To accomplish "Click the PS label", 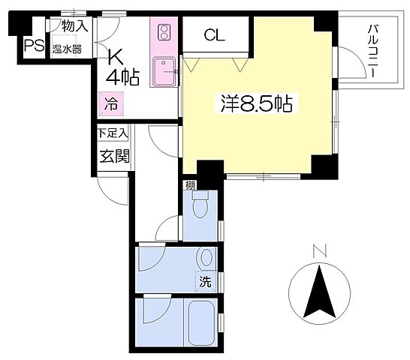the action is [35, 46].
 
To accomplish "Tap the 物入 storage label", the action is [75, 25].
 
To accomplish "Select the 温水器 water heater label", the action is [67, 49].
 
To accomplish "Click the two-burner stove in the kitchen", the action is [164, 32].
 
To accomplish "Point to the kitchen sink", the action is [164, 72].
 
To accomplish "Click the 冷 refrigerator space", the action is [111, 103].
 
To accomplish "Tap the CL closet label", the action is [215, 34].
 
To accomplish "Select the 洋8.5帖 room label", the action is [257, 103].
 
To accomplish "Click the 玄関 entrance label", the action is [115, 156].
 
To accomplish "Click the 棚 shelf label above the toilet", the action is [190, 186].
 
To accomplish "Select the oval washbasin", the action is [207, 257].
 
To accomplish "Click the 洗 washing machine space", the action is [206, 281].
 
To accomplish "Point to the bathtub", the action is [201, 323].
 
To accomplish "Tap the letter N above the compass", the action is [320, 250].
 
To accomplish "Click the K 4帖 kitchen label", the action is [122, 68].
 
